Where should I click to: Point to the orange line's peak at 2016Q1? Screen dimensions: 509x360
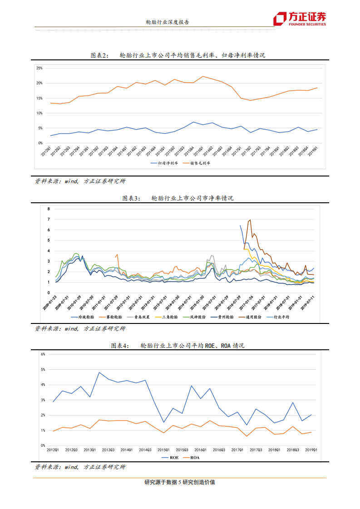click(202, 76)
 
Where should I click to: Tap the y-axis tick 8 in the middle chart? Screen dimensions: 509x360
click(48, 209)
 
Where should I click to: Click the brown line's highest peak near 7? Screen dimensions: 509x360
click(250, 220)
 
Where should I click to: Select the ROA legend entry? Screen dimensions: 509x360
click(194, 457)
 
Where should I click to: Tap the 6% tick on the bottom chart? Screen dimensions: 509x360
click(43, 354)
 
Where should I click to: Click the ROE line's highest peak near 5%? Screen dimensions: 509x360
click(99, 372)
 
